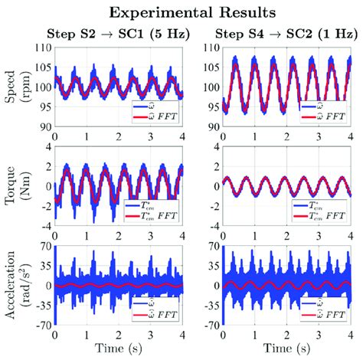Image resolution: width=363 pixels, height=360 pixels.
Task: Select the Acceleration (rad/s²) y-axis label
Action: [18, 285]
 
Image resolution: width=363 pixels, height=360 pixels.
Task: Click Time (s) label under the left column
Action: [119, 349]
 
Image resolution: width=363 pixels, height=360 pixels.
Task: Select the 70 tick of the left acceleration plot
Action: [44, 247]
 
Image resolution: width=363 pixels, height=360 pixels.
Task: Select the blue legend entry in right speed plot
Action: [322, 108]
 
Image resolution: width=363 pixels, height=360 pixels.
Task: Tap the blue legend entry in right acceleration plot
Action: [322, 306]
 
